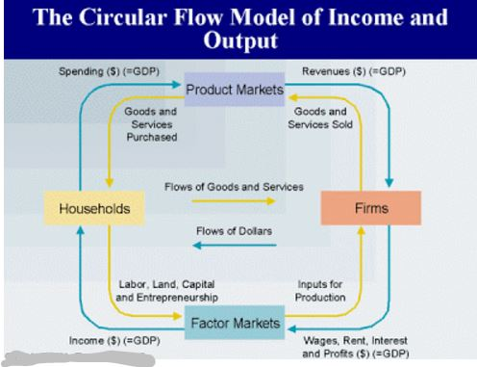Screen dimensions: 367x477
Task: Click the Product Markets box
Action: (236, 89)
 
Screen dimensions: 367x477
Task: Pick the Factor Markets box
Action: (236, 323)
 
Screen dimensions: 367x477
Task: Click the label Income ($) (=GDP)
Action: (114, 341)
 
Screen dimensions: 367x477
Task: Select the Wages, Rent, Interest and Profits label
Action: (356, 347)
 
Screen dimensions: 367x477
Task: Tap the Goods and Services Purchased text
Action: (152, 124)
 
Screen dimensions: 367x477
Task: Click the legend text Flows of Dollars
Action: (234, 231)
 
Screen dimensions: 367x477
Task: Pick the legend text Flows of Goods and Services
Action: (234, 186)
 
